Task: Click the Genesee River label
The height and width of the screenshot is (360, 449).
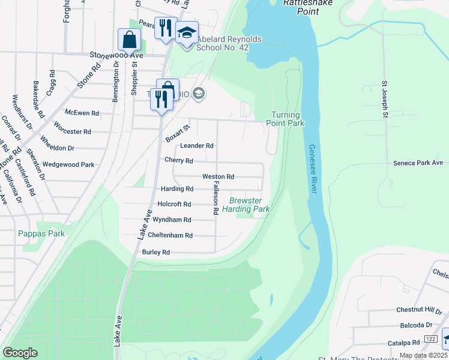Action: (313, 169)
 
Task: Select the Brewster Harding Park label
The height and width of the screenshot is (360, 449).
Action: (246, 205)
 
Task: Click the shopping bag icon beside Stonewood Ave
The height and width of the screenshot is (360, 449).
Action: (129, 40)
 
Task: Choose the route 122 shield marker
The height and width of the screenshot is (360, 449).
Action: (430, 340)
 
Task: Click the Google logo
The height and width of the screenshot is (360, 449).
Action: (20, 353)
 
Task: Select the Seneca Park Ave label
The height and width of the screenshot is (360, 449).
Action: (418, 163)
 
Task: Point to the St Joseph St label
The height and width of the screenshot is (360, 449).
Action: (386, 100)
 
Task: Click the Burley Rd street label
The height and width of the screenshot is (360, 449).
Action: (156, 253)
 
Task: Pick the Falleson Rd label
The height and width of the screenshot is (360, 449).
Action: (214, 199)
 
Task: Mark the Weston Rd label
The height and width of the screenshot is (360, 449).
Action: (218, 177)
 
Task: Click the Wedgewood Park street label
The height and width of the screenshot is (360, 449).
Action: (68, 164)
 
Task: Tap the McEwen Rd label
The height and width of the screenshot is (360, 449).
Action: (81, 112)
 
